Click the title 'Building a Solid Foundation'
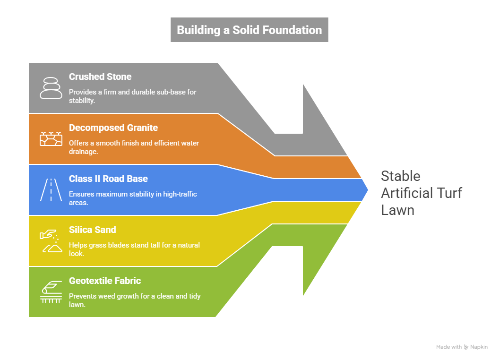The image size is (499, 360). click(249, 30)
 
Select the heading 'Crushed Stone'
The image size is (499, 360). click(100, 77)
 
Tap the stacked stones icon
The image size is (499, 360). click(51, 87)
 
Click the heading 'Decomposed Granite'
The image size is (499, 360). click(113, 128)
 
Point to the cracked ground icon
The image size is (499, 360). click(51, 138)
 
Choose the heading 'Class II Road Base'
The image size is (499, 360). click(108, 179)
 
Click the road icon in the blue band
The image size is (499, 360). click(51, 189)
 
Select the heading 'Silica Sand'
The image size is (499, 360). click(92, 230)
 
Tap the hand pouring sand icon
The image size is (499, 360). click(51, 240)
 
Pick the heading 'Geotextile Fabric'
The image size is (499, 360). click(105, 281)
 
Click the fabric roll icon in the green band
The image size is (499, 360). click(51, 291)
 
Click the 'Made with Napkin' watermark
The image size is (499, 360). click(462, 347)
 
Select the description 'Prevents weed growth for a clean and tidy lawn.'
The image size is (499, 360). click(135, 300)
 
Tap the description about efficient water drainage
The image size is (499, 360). click(134, 147)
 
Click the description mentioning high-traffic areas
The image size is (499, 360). click(133, 198)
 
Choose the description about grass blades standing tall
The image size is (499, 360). click(134, 249)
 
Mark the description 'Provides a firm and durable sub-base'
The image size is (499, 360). click(132, 96)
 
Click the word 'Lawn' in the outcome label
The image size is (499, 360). click(397, 210)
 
